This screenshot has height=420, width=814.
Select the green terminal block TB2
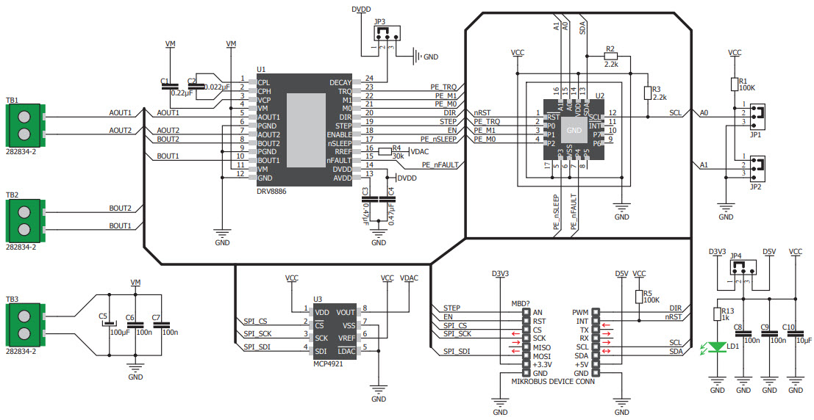pos(25,217)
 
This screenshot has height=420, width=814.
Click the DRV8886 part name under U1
pos(271,191)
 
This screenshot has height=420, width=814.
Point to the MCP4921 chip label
pos(327,363)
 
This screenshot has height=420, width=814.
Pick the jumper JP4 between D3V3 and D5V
pos(741,269)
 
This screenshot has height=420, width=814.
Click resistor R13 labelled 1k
pos(718,314)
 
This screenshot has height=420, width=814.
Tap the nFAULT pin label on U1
pos(338,159)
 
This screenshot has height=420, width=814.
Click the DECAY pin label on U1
pos(340,82)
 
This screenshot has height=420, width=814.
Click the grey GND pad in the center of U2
pos(574,131)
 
